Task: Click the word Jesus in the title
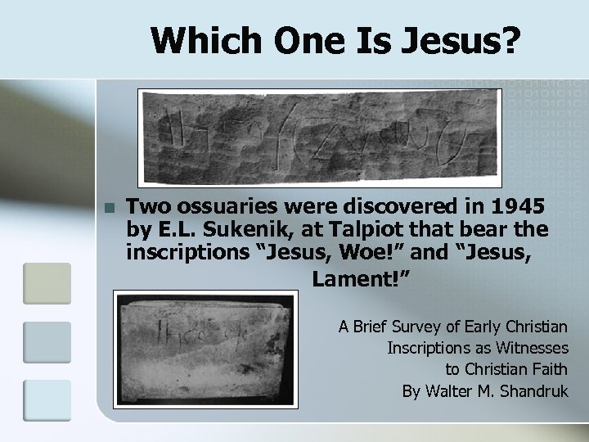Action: pos(461,41)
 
